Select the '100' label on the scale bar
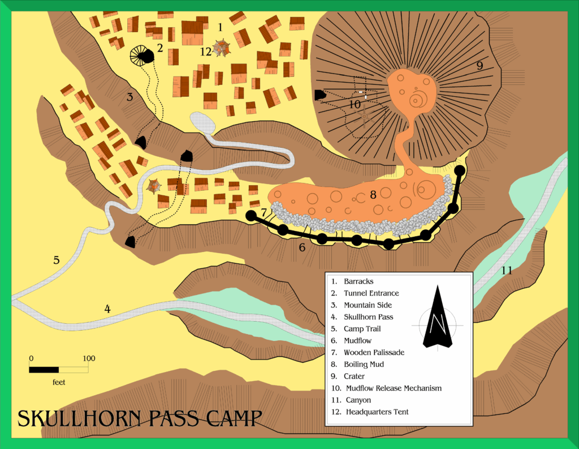click(x=89, y=358)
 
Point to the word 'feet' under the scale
click(x=59, y=382)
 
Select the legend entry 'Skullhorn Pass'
click(x=368, y=317)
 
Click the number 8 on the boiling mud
click(x=373, y=195)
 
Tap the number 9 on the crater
click(x=479, y=66)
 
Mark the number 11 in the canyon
click(x=506, y=271)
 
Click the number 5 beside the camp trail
click(x=56, y=260)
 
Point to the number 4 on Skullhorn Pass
click(x=107, y=309)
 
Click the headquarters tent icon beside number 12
click(x=222, y=48)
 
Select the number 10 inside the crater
click(x=355, y=104)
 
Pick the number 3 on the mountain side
click(x=129, y=97)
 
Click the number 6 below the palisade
click(x=302, y=247)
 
